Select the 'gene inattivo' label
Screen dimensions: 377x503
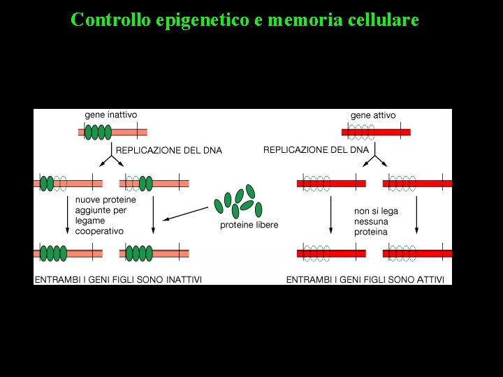(x=111, y=115)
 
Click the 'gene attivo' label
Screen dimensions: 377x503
(x=373, y=115)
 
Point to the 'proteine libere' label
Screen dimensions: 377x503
(x=249, y=225)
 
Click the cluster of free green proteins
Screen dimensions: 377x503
(x=238, y=201)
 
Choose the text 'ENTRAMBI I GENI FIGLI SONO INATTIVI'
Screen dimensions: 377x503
(x=118, y=279)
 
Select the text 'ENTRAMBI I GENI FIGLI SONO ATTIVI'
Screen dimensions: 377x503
(x=365, y=279)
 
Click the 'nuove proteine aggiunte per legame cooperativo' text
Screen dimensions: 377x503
(x=105, y=215)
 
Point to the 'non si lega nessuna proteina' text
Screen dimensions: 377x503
(x=371, y=221)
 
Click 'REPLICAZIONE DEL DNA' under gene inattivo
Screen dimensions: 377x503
(x=168, y=150)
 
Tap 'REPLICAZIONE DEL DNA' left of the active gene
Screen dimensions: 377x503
(x=316, y=149)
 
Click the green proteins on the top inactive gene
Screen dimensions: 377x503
(x=98, y=132)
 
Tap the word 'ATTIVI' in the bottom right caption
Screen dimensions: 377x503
(x=428, y=279)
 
